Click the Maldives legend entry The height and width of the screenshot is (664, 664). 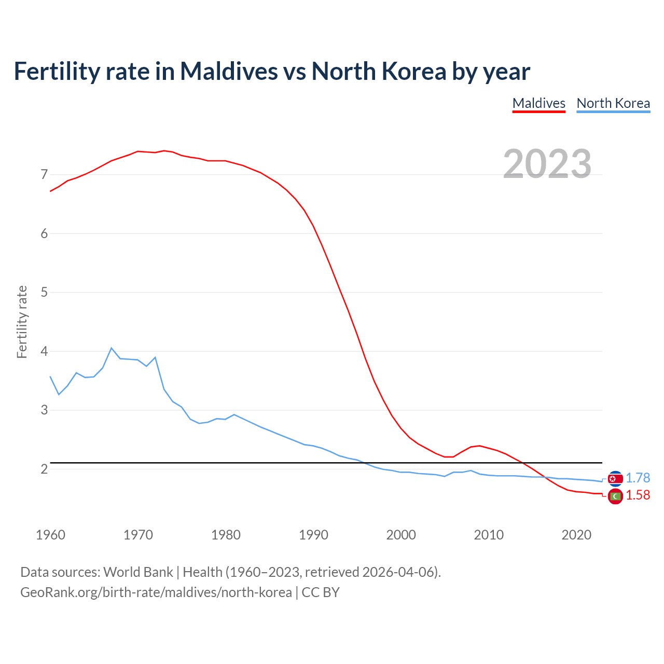click(x=538, y=103)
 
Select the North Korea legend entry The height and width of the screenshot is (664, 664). click(x=613, y=103)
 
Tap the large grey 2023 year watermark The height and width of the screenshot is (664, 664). click(x=547, y=164)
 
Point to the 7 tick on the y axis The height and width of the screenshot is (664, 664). click(x=44, y=174)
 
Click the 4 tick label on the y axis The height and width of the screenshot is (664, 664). click(x=44, y=351)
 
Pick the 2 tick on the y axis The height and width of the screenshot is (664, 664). click(x=44, y=469)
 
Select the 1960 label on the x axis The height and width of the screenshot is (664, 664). click(x=50, y=535)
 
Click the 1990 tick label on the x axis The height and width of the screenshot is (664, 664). click(x=313, y=535)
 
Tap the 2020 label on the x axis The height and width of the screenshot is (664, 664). click(x=576, y=535)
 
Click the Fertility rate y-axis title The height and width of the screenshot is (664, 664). click(x=22, y=322)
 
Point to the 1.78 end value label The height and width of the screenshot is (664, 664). click(x=638, y=478)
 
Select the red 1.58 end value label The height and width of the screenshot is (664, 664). click(x=638, y=495)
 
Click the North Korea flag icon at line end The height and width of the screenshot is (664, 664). click(x=615, y=478)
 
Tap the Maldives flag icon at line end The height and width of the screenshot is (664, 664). click(x=615, y=496)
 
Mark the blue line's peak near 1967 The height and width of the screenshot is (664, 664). click(x=112, y=348)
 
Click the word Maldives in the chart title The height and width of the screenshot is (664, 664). click(x=229, y=71)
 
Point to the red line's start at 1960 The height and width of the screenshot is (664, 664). click(x=50, y=191)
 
